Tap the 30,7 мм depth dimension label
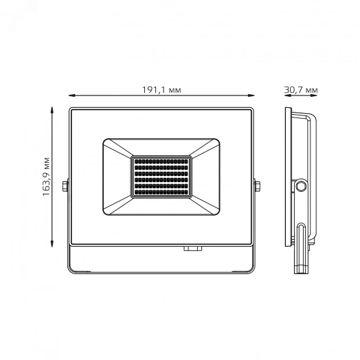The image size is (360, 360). pos(301,90)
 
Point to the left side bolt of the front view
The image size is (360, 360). pos(65,186)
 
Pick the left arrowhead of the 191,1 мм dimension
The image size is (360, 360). pos(71,98)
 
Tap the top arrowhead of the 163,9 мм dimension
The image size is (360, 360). pos(53,108)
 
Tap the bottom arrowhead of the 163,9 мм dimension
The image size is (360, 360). pos(53,244)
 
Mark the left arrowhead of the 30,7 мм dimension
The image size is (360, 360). pos(286,98)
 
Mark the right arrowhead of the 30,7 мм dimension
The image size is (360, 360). pos(316,98)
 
